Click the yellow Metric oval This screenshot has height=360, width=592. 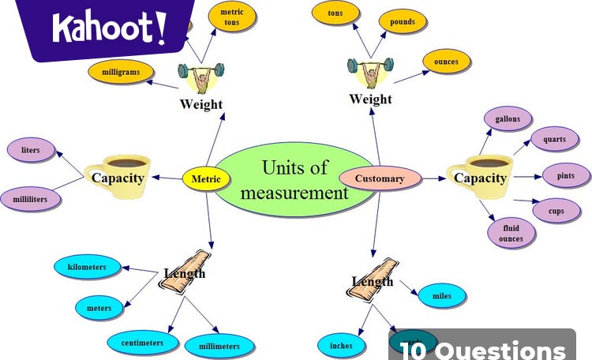(206, 178)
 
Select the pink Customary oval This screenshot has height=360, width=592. (379, 178)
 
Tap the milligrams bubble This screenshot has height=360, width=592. (120, 72)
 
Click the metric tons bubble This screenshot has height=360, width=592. (231, 17)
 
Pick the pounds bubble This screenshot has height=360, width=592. (402, 22)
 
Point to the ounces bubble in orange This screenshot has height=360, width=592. (446, 62)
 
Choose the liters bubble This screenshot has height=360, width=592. (30, 149)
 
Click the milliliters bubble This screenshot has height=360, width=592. (30, 200)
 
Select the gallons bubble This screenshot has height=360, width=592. (508, 120)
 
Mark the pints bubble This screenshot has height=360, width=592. (566, 175)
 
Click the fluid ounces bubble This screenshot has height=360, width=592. (511, 233)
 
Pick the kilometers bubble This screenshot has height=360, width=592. (87, 268)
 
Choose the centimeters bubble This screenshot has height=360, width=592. (142, 343)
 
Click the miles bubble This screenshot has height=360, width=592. (442, 296)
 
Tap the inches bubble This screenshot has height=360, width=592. (341, 345)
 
